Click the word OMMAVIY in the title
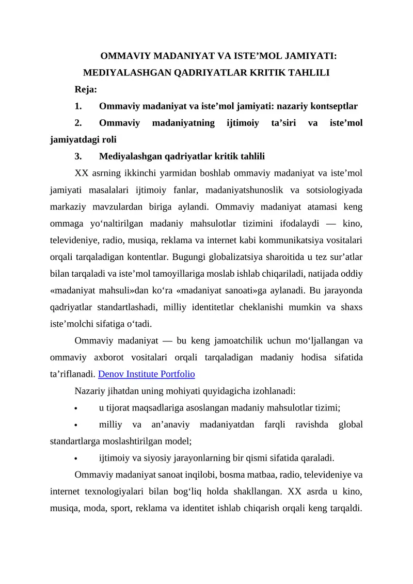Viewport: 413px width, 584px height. pos(122,56)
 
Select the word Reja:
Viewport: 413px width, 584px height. pos(86,89)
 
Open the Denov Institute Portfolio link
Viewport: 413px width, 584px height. pos(146,373)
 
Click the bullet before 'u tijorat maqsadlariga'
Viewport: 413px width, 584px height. pos(76,408)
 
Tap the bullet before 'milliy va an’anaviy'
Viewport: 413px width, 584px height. pos(76,425)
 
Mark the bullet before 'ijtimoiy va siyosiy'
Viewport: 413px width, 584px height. pos(76,458)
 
